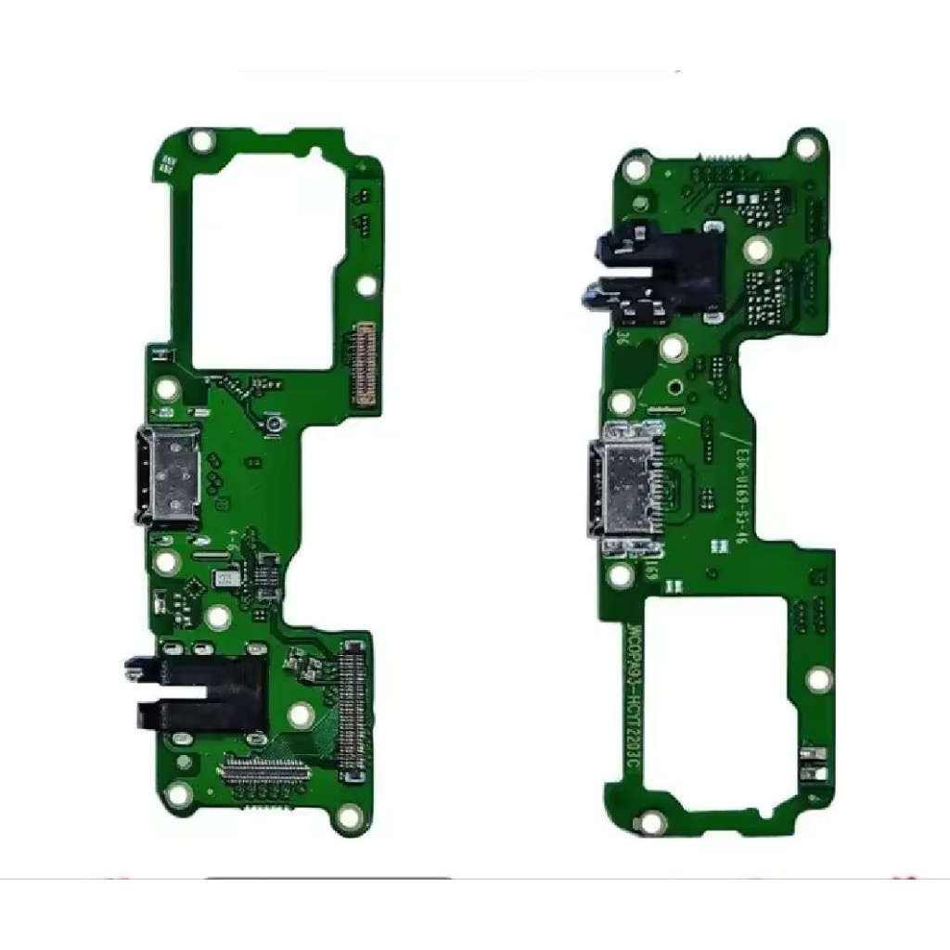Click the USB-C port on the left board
[170, 475]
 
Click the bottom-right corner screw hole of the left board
[350, 817]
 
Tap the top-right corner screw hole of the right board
[807, 147]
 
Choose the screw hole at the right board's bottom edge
[653, 822]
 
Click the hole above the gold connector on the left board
[367, 286]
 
